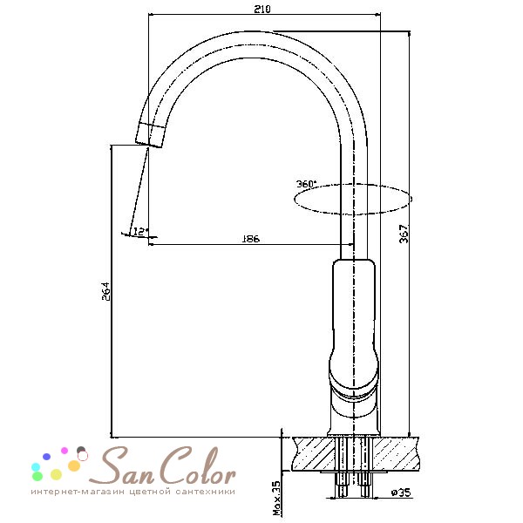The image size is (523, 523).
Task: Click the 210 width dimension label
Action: [x=262, y=9]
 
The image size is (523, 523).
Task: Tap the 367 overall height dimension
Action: [x=404, y=234]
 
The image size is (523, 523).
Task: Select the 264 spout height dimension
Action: [x=105, y=291]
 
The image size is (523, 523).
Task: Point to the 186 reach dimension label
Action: [x=250, y=239]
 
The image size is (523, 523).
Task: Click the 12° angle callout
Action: [x=140, y=231]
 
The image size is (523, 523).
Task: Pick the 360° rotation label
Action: [x=306, y=184]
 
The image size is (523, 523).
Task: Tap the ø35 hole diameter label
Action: [x=401, y=492]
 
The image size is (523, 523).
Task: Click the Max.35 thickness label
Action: [x=276, y=498]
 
